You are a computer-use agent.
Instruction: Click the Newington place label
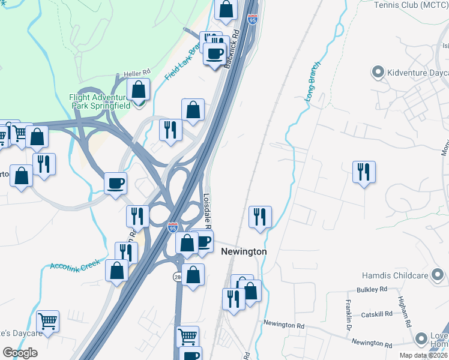pos(244,251)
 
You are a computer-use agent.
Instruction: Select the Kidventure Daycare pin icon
pos(378,73)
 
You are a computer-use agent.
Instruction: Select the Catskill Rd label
pos(376,314)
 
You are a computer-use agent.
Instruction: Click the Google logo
pos(20,352)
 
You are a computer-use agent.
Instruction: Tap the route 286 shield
pos(178,276)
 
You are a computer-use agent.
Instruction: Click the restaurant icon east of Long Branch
pos(364,172)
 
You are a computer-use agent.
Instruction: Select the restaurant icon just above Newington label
pos(260,217)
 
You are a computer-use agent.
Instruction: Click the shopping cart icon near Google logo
pos(47,320)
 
